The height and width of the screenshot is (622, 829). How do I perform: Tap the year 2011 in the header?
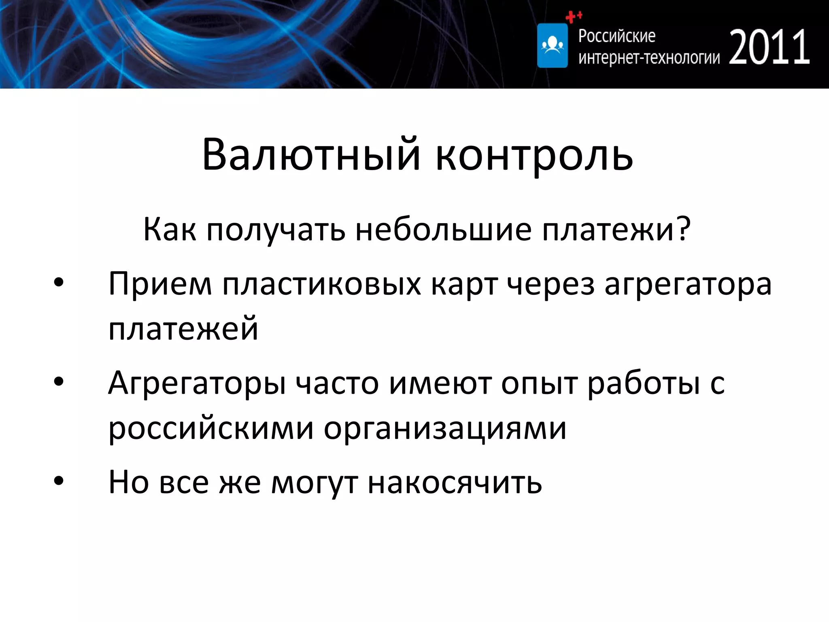[x=769, y=47]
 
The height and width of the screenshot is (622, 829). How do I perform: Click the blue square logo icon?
[x=552, y=45]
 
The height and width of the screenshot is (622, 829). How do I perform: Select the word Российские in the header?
[x=616, y=36]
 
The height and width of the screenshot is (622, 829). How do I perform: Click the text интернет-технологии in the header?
[x=649, y=58]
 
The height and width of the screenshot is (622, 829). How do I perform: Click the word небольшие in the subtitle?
[x=443, y=229]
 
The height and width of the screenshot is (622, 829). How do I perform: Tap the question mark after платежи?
[x=684, y=229]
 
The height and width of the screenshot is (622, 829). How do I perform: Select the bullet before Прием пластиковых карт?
[x=59, y=283]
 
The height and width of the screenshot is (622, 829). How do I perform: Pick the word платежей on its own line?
[x=183, y=328]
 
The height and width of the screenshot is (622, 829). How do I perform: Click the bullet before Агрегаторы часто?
[x=59, y=382]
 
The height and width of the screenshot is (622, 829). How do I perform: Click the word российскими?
[x=211, y=428]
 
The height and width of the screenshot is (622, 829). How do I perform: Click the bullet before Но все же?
[x=59, y=481]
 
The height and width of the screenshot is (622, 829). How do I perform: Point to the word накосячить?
[x=455, y=482]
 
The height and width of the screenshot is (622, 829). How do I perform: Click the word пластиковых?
[x=322, y=284]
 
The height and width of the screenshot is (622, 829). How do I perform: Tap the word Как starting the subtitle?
[x=170, y=229]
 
